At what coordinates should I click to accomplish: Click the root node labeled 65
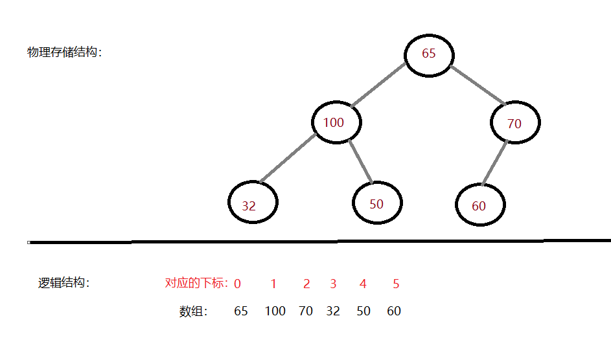coord(428,54)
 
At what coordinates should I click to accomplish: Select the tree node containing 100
coord(336,122)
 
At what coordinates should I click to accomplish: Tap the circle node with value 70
coord(514,123)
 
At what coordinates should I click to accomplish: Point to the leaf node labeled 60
coord(480,205)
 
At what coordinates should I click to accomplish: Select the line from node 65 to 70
coord(478,84)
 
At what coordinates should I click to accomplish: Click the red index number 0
coord(238,284)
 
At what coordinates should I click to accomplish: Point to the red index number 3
coord(333,284)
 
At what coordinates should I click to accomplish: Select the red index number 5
coord(396,284)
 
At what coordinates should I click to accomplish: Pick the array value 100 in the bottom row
coord(275,311)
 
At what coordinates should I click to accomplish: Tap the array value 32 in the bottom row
coord(333,311)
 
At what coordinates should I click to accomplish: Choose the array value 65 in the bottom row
coord(240,311)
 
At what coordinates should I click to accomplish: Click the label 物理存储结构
coord(64,52)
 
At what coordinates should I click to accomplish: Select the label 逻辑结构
coord(63,283)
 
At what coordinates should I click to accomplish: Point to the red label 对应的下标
coord(196,283)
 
